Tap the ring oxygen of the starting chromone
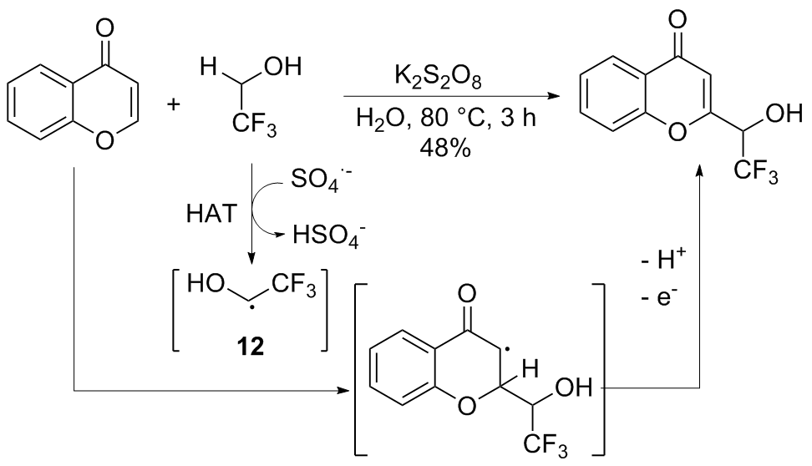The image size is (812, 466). point(104,139)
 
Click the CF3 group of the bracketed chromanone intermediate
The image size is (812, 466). point(552,448)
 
